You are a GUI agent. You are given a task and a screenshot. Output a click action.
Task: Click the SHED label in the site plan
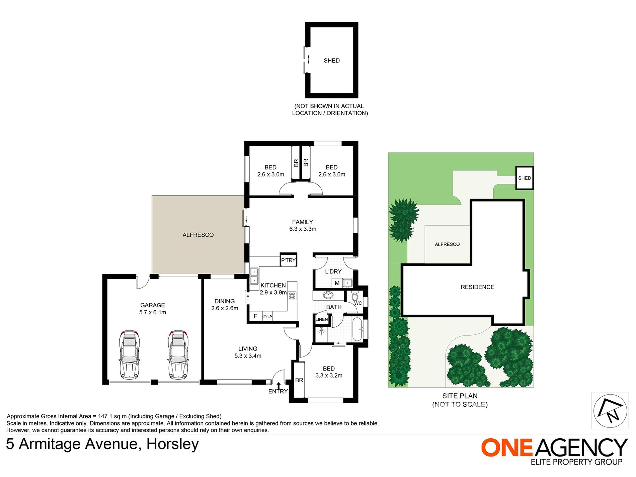[525, 178]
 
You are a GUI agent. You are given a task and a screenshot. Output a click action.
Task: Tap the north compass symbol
[610, 411]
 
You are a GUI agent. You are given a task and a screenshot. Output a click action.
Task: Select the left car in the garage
[130, 354]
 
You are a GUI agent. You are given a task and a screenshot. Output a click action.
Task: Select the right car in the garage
[178, 354]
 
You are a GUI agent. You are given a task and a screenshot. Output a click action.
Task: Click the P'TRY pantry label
[288, 260]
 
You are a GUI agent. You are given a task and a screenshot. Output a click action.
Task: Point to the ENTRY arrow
[278, 385]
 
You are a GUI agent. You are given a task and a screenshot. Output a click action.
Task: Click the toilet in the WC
[355, 297]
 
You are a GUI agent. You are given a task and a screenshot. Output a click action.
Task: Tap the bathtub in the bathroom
[357, 329]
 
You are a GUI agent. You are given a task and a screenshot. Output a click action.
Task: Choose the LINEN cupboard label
[321, 319]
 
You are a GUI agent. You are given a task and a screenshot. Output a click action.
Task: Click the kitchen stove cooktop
[292, 296]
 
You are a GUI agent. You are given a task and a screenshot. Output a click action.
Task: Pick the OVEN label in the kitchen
[267, 316]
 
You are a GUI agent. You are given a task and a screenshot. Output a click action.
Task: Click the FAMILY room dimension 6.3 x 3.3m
[303, 229]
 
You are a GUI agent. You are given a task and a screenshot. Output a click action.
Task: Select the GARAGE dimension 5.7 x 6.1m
[153, 312]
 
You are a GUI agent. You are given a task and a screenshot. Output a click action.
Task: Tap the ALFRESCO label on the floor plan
[198, 235]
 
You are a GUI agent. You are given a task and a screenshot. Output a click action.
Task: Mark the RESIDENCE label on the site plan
[477, 287]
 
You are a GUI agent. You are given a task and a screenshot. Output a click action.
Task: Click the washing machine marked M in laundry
[337, 283]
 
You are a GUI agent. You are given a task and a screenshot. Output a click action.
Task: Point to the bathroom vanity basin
[328, 295]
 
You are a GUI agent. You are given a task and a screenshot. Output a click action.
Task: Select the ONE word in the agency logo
[506, 447]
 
